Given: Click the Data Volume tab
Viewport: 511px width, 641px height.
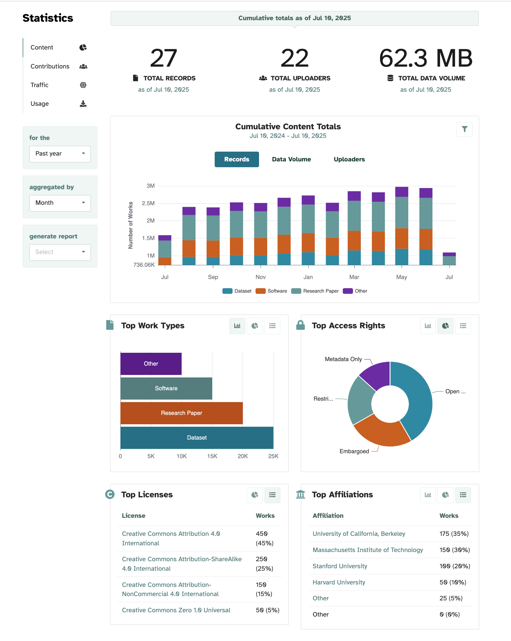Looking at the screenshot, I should point(291,159).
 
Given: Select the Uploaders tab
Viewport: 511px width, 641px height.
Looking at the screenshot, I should point(349,159).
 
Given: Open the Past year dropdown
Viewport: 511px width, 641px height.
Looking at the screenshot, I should point(60,154).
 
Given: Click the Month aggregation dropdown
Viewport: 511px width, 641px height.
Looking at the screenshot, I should point(60,203).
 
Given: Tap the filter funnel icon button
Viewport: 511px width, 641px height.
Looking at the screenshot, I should point(464,129).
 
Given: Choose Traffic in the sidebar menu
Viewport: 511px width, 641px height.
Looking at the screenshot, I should point(39,85).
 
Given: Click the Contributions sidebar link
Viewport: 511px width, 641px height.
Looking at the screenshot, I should point(50,66).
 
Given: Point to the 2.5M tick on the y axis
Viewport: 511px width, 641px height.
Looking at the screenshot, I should point(148,203).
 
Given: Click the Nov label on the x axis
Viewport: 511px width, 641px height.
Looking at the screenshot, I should point(261,277).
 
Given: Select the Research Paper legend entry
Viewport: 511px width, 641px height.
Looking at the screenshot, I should point(320,291).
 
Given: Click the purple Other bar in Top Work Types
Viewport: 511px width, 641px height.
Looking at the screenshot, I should point(151,364).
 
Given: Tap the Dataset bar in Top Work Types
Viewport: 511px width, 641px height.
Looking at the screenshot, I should point(197,438).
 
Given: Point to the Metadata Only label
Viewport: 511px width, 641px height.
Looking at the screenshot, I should point(343,359).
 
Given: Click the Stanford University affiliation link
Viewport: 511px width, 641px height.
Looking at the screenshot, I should point(340,566).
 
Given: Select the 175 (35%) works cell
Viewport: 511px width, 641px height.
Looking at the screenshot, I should point(454,534).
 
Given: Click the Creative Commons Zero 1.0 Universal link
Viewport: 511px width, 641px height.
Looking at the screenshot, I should point(176,610).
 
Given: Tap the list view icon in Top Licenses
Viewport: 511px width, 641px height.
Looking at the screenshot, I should point(272,495).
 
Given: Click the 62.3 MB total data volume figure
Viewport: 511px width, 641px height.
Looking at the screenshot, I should point(425,58).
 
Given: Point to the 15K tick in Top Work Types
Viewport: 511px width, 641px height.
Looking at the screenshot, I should point(212,456).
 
